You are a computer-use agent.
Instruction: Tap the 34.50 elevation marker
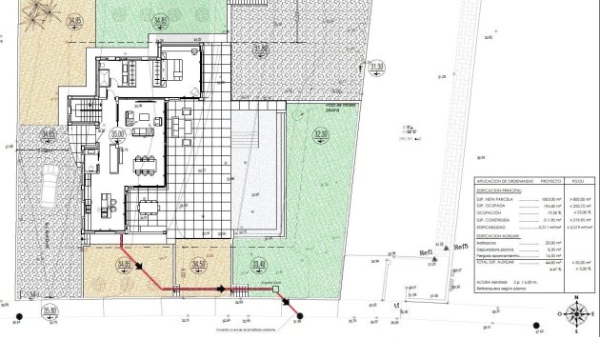click(198, 264)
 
